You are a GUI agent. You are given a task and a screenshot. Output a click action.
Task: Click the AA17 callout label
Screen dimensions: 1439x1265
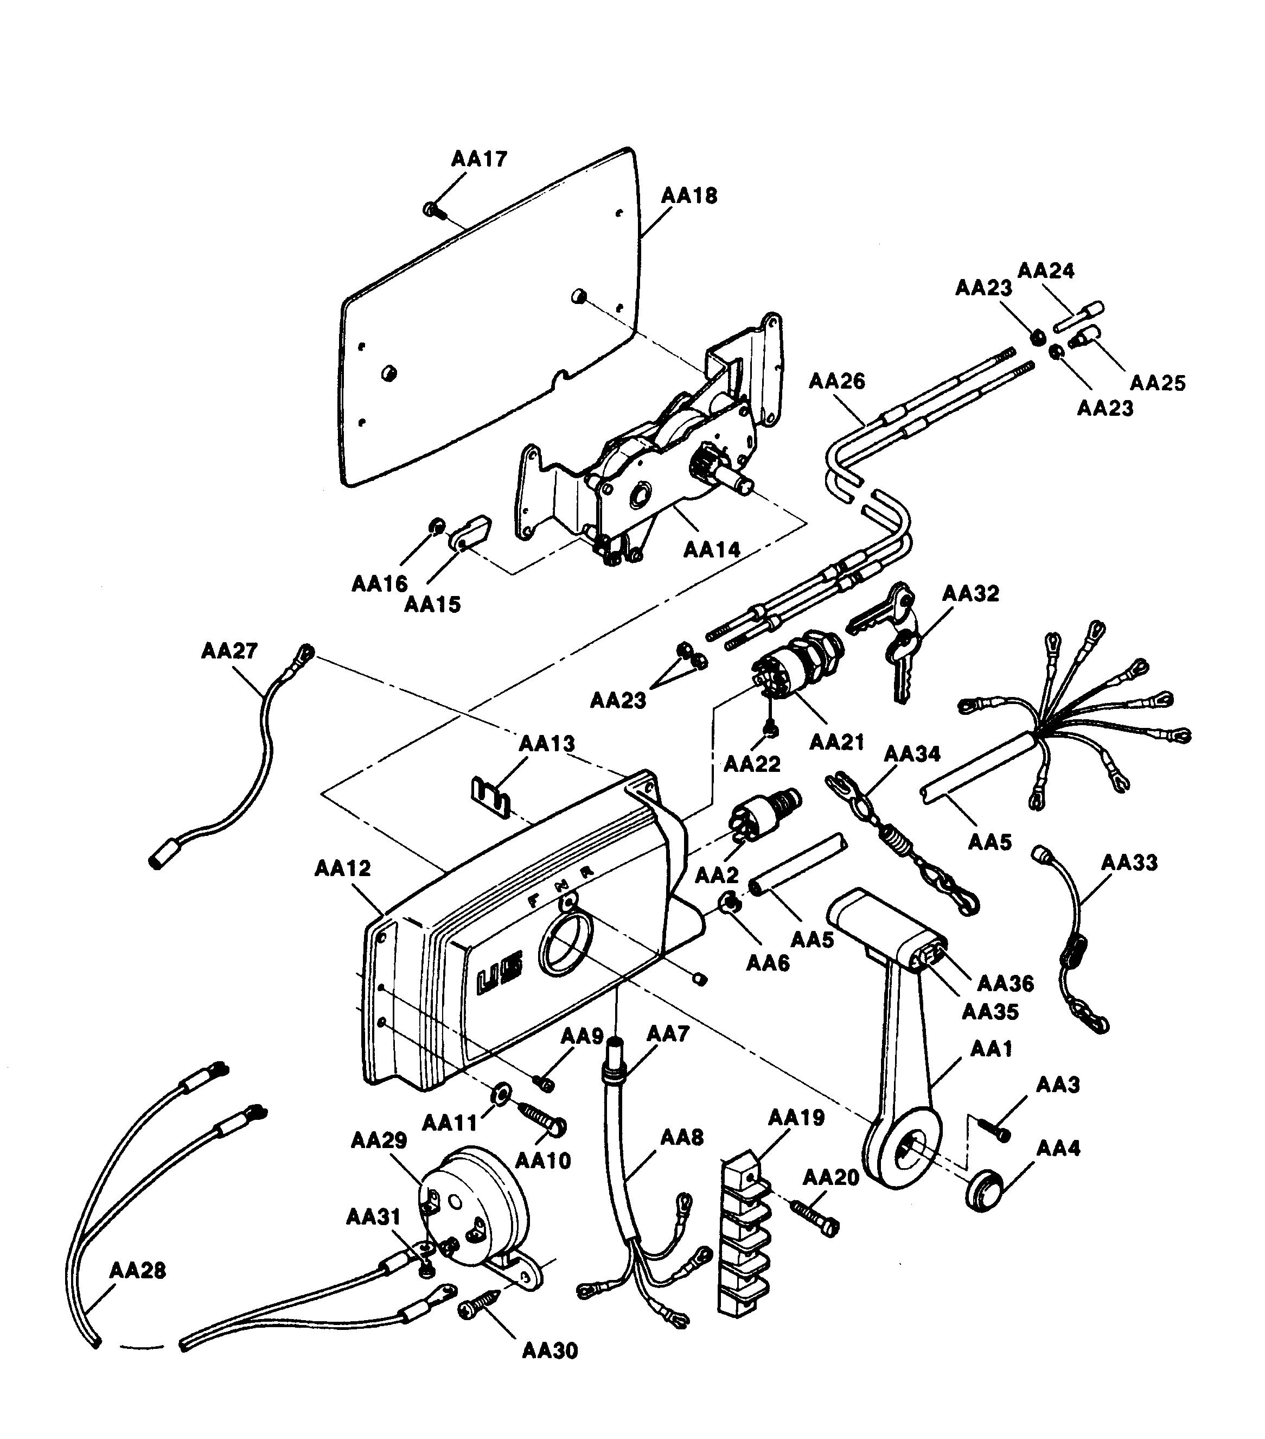pyautogui.click(x=478, y=159)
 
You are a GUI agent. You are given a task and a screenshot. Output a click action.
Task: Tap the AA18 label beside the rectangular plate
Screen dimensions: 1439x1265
pyautogui.click(x=689, y=196)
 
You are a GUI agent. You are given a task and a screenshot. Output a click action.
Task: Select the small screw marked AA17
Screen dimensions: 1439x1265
pyautogui.click(x=432, y=209)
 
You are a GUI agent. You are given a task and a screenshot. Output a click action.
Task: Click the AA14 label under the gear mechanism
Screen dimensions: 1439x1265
pyautogui.click(x=712, y=550)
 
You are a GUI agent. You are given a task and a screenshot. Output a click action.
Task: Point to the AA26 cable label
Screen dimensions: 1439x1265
pyautogui.click(x=836, y=382)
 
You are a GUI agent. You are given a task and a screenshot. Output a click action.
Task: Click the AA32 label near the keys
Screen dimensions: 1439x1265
pyautogui.click(x=970, y=593)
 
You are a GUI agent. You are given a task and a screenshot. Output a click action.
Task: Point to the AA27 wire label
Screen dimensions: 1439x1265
pyautogui.click(x=229, y=650)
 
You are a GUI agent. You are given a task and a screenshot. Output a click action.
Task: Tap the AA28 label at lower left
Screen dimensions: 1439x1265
pyautogui.click(x=138, y=1271)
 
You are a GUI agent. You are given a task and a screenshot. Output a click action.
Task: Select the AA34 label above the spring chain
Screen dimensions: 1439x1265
pyautogui.click(x=912, y=754)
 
